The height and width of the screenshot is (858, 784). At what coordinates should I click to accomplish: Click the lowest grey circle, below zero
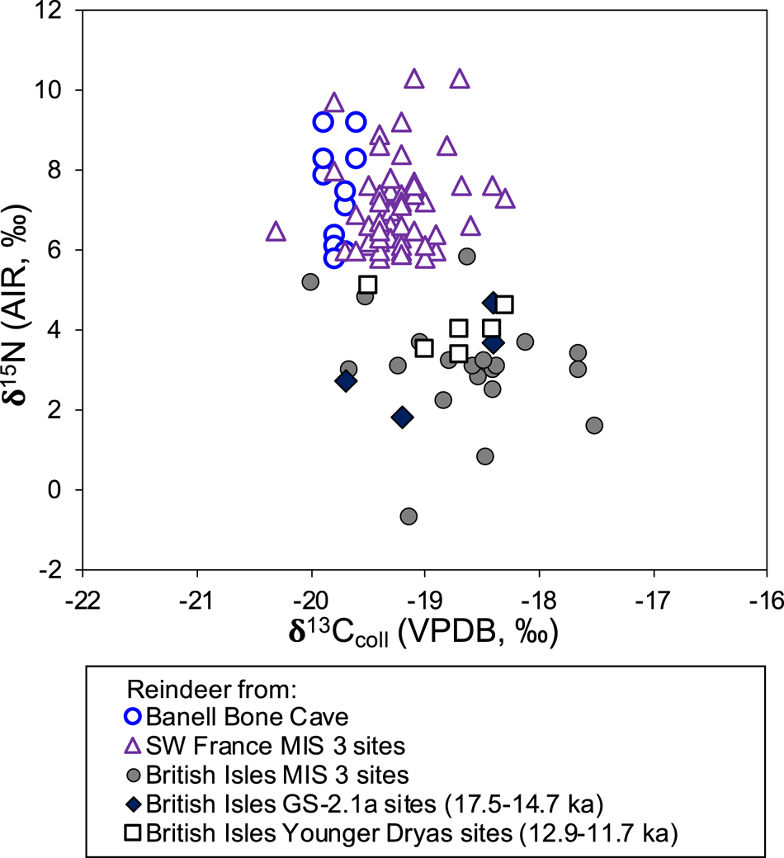pos(408,516)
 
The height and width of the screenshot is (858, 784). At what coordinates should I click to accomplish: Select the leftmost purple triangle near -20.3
pos(276,233)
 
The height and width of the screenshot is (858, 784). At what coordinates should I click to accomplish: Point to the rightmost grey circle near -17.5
pos(594,426)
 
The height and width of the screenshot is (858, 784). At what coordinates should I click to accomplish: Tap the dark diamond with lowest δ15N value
pos(402,417)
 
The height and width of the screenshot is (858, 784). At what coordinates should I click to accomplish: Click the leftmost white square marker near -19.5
pos(368,285)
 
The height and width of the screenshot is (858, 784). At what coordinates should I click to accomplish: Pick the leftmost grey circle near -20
pos(310,282)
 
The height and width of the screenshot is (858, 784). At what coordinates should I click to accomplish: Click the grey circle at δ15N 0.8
pos(485,456)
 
